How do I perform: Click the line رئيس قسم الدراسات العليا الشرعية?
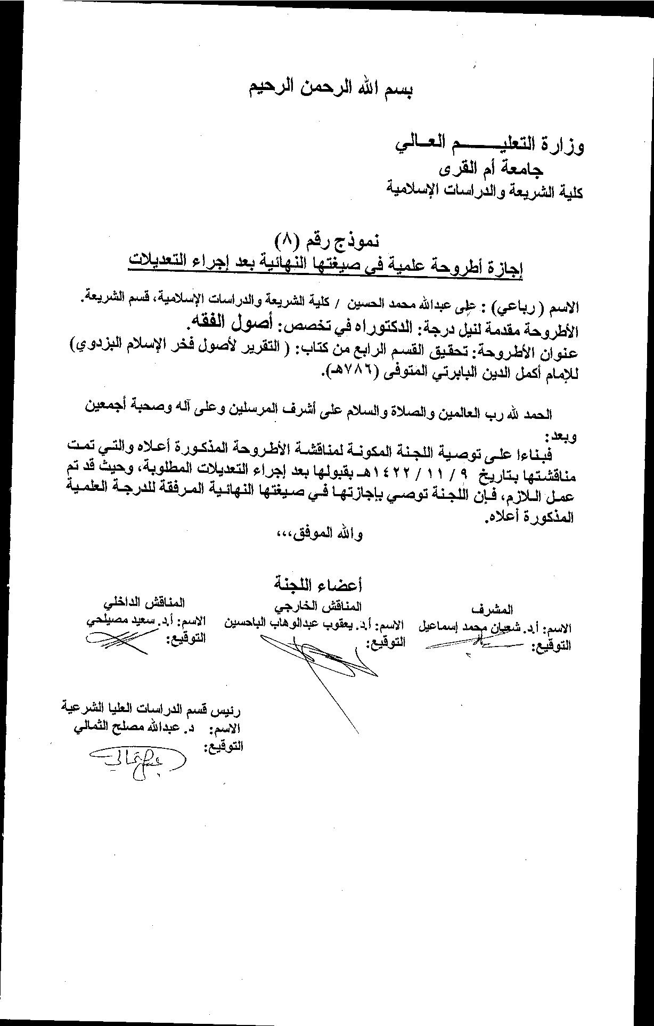click(x=152, y=710)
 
